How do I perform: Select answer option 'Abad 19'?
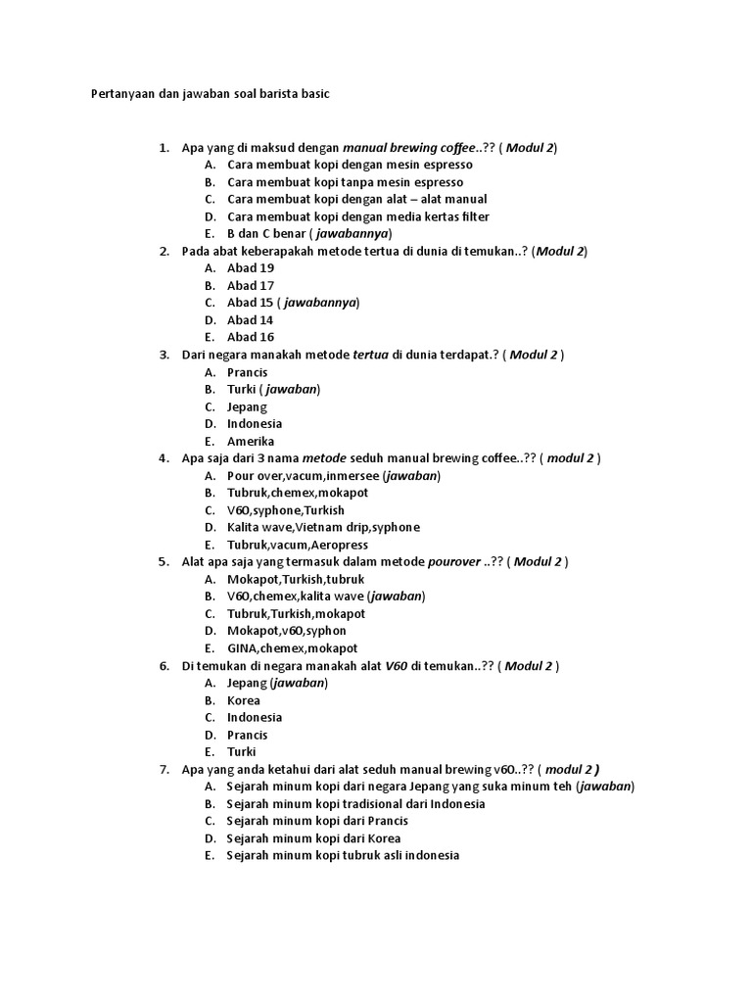tap(251, 268)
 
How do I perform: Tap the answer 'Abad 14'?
tap(251, 320)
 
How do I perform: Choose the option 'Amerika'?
tap(251, 441)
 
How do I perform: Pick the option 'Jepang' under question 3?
tap(247, 406)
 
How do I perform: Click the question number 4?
tap(164, 458)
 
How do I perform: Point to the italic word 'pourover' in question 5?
tap(454, 562)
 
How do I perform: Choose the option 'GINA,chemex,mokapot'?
tap(292, 648)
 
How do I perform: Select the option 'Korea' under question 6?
tap(244, 700)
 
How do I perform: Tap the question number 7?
tap(164, 770)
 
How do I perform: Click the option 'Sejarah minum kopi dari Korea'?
tap(313, 838)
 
